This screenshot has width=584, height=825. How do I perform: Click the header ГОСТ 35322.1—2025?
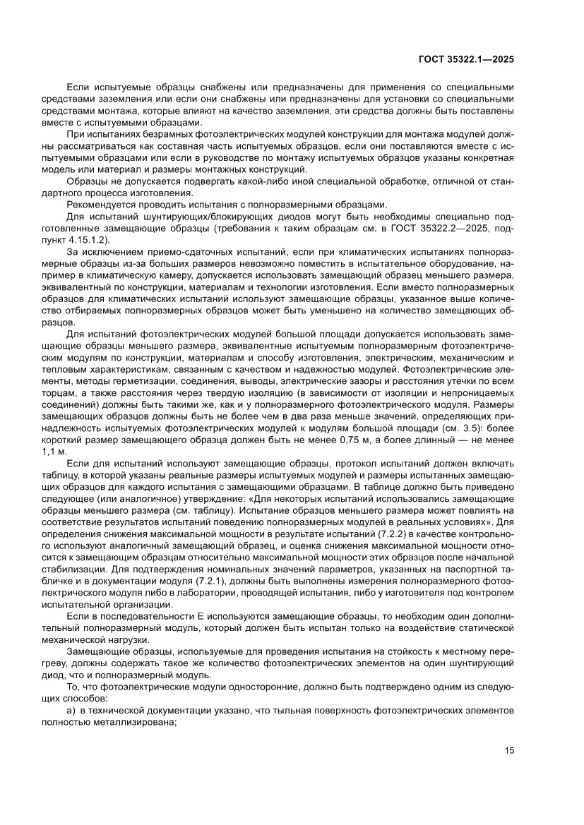465,60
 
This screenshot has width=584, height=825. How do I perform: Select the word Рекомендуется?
101,205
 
